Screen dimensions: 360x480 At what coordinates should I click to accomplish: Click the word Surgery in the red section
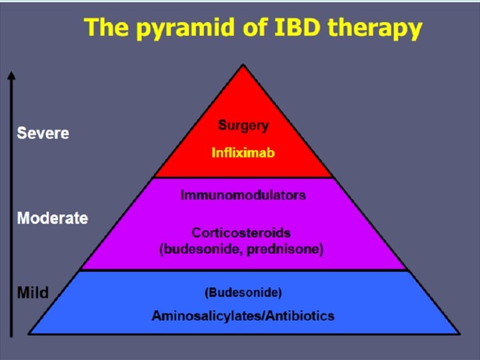tap(243, 125)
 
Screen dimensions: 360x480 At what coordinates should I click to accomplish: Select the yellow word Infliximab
tap(243, 153)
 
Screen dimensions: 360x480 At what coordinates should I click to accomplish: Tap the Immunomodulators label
tap(243, 195)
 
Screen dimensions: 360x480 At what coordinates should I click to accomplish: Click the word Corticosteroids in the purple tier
tap(241, 233)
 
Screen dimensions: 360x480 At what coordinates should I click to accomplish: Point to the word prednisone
tap(291, 250)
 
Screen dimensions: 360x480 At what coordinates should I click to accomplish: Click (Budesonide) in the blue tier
tap(243, 293)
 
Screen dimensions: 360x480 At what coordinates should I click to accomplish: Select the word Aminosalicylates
tap(207, 315)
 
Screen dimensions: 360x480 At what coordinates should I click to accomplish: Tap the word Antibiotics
tap(300, 315)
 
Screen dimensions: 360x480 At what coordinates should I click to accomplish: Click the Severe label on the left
tap(43, 133)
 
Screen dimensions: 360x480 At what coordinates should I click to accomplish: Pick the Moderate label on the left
tap(53, 218)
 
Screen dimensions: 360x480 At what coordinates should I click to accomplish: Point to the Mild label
tap(33, 293)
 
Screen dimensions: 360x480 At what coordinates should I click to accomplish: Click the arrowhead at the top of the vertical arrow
tap(11, 75)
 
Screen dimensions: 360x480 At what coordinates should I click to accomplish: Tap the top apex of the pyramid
tap(243, 66)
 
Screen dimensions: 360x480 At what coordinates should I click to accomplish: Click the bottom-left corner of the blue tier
tap(29, 333)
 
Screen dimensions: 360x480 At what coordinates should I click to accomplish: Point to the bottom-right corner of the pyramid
tap(458, 333)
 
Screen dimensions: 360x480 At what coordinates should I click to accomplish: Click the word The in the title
tap(105, 28)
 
